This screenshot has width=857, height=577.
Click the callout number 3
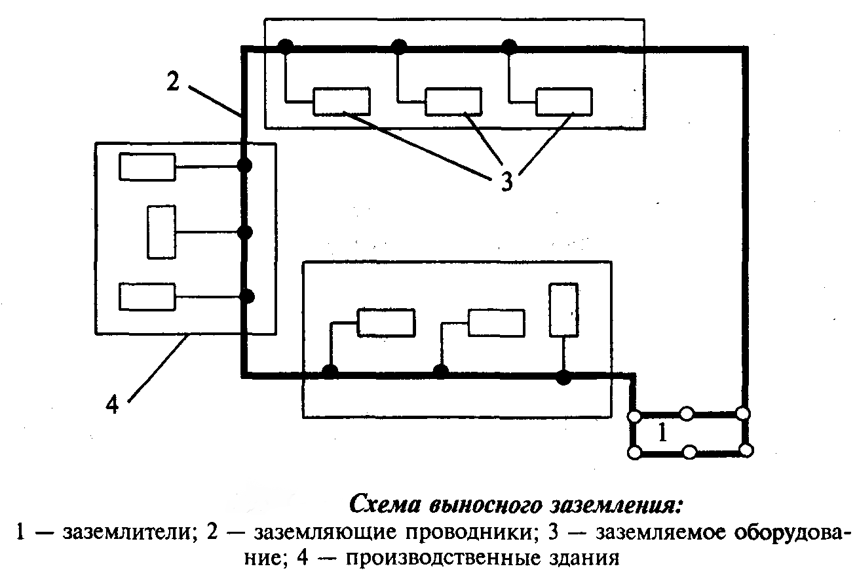coord(506,181)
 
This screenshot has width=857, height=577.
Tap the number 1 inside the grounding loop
coord(662,433)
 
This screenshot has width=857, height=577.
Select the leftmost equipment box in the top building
coord(341,101)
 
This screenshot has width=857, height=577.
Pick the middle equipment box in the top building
coord(453,101)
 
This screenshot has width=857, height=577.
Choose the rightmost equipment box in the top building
coord(564,101)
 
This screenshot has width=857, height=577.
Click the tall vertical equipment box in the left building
coord(162,232)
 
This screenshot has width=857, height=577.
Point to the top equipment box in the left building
coord(147,167)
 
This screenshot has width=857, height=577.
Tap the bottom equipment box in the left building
coord(147,296)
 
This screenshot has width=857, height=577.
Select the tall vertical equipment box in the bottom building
coord(563,309)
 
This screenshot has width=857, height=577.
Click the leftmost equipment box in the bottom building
coord(386,323)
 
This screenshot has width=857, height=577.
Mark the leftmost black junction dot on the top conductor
coord(285,46)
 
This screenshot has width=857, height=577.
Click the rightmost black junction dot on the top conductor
coord(508,46)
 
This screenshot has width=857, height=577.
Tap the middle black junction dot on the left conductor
coord(244,231)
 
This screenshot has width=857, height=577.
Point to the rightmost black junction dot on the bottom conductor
coord(562,377)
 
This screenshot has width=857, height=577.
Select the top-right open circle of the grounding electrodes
coord(744,414)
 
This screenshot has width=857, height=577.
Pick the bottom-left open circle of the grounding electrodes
coord(634,452)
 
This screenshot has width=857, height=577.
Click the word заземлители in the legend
coord(111,532)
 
